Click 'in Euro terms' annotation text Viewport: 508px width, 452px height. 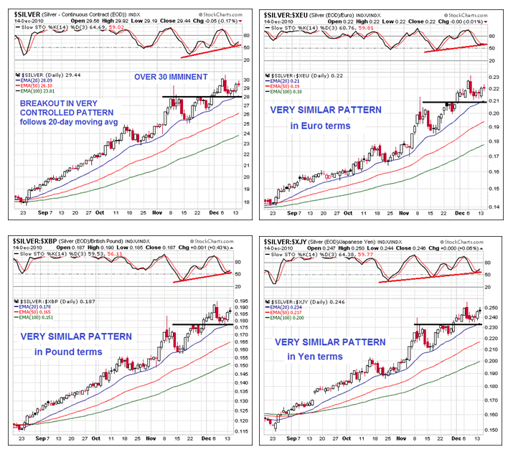click(x=320, y=125)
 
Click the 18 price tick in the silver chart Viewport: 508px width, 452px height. click(x=246, y=202)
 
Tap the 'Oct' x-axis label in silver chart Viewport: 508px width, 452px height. click(x=100, y=212)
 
